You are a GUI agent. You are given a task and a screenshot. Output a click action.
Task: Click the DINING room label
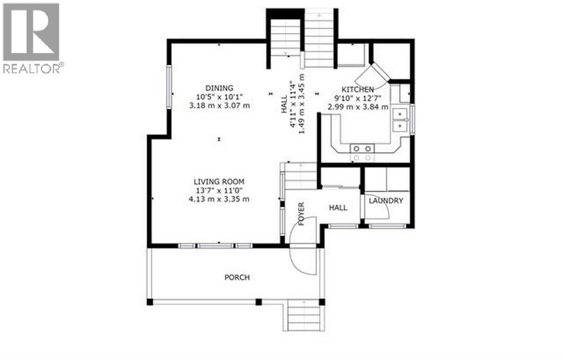pyautogui.click(x=219, y=88)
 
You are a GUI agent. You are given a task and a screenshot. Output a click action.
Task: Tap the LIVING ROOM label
pyautogui.click(x=219, y=182)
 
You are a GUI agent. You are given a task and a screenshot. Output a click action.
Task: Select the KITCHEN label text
pyautogui.click(x=357, y=90)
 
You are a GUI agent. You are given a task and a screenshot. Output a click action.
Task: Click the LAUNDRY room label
pyautogui.click(x=386, y=201)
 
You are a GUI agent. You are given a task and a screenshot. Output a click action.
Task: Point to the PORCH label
pyautogui.click(x=237, y=277)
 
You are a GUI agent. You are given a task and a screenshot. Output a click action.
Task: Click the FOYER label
pyautogui.click(x=301, y=214)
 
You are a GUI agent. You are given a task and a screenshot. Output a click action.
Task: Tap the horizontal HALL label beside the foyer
pyautogui.click(x=338, y=207)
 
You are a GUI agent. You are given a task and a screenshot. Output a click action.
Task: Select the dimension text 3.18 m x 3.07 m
pyautogui.click(x=219, y=106)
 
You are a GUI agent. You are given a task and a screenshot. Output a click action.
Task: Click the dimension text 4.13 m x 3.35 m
pyautogui.click(x=219, y=199)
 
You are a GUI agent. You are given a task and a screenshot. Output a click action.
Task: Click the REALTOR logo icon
pyautogui.click(x=31, y=32)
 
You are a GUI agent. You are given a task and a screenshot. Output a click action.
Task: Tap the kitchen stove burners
pyautogui.click(x=362, y=153)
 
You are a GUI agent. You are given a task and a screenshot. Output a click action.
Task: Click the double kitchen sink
pyautogui.click(x=400, y=120)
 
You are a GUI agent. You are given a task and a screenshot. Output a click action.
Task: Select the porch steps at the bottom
pyautogui.click(x=303, y=317)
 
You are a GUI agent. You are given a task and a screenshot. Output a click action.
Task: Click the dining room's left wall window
pyautogui.click(x=170, y=87)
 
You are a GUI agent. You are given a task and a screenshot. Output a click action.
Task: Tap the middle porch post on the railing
pyautogui.click(x=259, y=302)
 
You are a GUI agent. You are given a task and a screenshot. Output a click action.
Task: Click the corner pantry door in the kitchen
pyautogui.click(x=377, y=76)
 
